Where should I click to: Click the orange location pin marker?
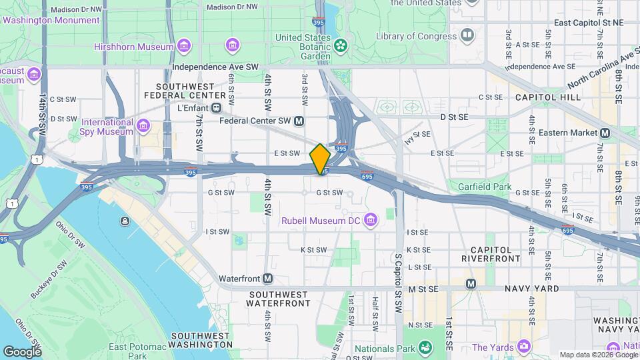click(x=320, y=159)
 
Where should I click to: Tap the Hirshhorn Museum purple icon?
click(x=184, y=46)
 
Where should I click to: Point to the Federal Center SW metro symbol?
click(x=299, y=121)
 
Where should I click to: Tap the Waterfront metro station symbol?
click(x=268, y=278)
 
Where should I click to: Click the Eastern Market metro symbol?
click(x=605, y=133)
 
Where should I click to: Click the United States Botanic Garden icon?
click(x=341, y=45)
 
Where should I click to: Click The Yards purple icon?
click(x=523, y=347)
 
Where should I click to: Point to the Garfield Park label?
click(x=485, y=187)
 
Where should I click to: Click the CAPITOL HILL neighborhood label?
click(x=547, y=97)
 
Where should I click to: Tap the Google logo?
click(x=22, y=351)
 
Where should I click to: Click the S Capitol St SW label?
click(x=399, y=273)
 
